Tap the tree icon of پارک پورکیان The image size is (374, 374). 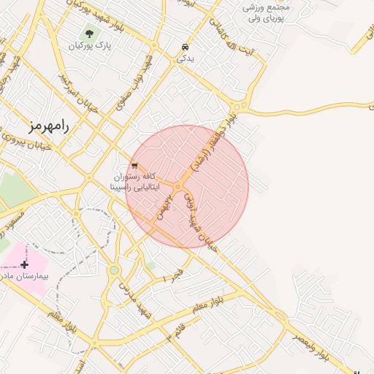89,33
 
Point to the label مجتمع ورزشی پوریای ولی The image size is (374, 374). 267,12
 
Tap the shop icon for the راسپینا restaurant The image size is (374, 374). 134,166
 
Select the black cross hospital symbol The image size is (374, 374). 26,263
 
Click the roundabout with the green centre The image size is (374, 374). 114,270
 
